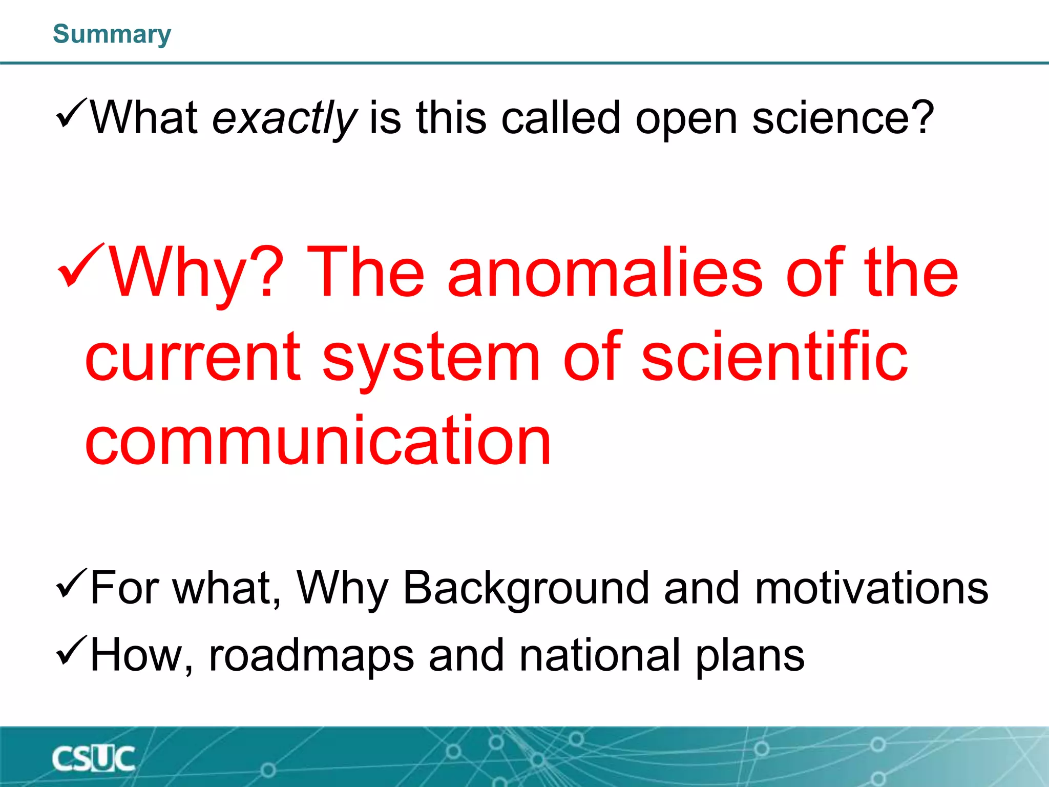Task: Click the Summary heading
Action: click(x=112, y=34)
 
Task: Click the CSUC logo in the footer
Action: click(x=93, y=758)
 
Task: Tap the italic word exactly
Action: click(x=284, y=119)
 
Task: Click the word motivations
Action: click(x=871, y=588)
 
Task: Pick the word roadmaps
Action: click(x=311, y=656)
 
